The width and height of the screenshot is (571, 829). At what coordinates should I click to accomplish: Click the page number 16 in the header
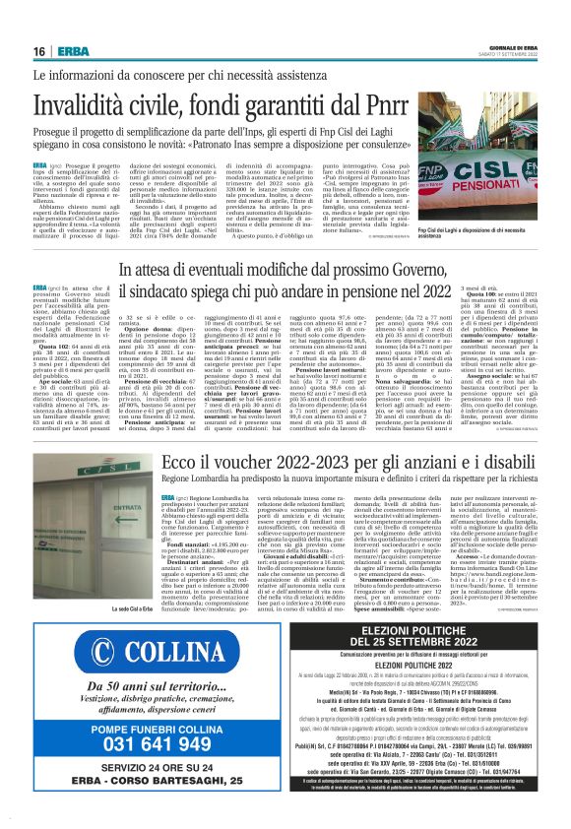click(38, 51)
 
